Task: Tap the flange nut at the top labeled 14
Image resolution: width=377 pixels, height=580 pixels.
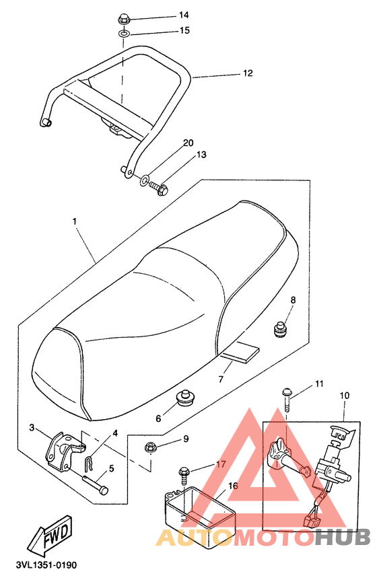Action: click(x=125, y=17)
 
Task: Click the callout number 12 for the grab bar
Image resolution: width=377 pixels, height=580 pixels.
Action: click(x=229, y=73)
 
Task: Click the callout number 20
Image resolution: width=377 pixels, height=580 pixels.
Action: click(x=188, y=143)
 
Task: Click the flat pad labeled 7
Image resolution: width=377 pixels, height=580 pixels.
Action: click(x=242, y=351)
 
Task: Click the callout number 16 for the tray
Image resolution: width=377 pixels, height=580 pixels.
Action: click(x=233, y=485)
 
